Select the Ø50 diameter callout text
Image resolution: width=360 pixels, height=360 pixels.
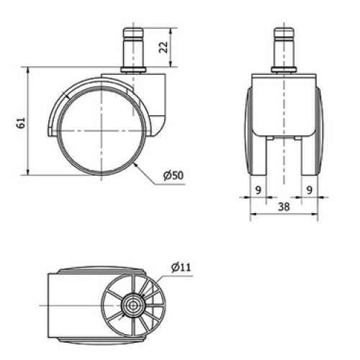point(174,176)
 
